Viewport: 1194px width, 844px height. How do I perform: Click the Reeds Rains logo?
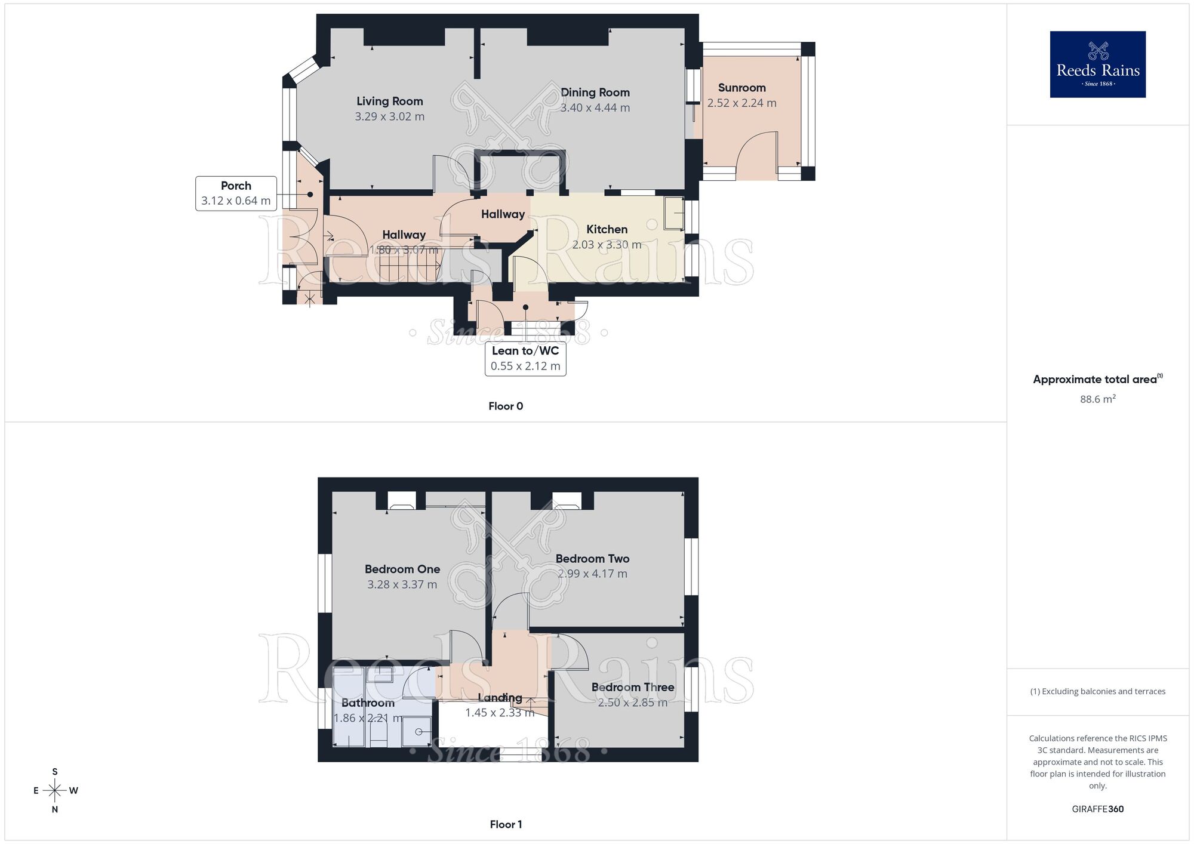click(x=1097, y=64)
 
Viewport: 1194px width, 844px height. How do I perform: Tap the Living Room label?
click(x=390, y=101)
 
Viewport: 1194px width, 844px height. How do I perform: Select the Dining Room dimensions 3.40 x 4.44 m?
click(x=595, y=108)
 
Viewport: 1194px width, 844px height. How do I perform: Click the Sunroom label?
click(x=741, y=88)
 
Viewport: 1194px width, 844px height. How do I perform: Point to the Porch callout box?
click(x=236, y=193)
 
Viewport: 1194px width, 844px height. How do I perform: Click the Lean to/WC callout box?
click(x=525, y=358)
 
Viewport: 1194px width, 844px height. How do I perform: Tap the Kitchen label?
click(x=607, y=229)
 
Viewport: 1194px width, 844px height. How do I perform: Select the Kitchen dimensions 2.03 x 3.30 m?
click(x=607, y=245)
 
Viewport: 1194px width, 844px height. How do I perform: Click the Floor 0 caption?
click(x=506, y=406)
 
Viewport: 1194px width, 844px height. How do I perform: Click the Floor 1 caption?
click(x=506, y=824)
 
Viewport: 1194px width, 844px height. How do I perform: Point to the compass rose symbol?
click(x=55, y=791)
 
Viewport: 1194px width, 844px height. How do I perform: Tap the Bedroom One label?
click(x=402, y=569)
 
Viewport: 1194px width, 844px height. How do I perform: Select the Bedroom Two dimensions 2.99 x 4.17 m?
click(x=592, y=574)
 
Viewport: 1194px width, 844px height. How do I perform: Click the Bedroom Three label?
click(x=633, y=687)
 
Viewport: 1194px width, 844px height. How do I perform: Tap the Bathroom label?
click(x=368, y=703)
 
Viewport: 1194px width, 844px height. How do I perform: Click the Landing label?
click(x=500, y=698)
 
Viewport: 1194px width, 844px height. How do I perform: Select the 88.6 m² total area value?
click(x=1097, y=399)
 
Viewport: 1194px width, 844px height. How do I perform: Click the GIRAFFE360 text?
click(x=1097, y=809)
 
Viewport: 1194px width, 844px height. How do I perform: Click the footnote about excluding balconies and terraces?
click(x=1097, y=692)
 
